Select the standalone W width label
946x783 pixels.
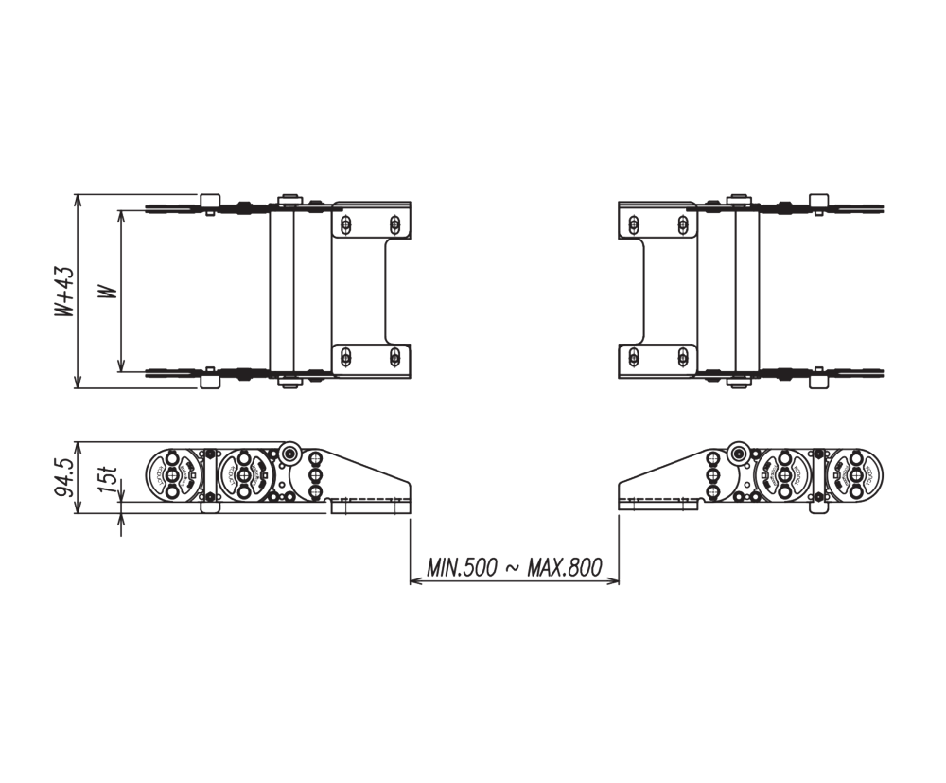point(110,292)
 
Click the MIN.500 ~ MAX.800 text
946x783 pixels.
point(514,568)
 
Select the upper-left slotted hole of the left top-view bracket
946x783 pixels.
point(346,224)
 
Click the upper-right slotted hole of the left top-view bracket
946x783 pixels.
point(395,224)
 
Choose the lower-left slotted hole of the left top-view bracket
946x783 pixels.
point(346,357)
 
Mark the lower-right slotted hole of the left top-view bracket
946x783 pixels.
point(395,357)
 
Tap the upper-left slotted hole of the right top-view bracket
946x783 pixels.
point(633,224)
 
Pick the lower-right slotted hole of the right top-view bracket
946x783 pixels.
point(682,357)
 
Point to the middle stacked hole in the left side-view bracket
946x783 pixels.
point(315,474)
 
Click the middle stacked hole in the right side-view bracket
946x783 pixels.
point(713,474)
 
